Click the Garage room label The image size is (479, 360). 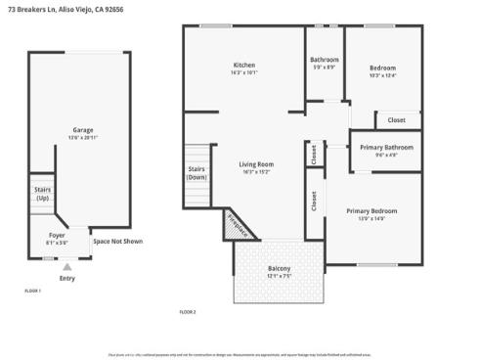point(83,130)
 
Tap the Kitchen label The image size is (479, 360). point(243,65)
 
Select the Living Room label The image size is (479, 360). point(258,164)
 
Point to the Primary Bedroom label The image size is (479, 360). point(371,210)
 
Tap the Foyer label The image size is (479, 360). point(58,235)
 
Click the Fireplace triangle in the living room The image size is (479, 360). point(238,225)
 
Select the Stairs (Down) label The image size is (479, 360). point(196,173)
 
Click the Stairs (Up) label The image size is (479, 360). point(42,194)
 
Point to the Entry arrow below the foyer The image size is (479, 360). point(66,265)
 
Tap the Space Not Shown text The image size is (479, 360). point(117,241)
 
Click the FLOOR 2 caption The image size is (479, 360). point(188,311)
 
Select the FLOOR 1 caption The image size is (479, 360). point(32,291)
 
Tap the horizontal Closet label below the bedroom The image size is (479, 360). point(396,119)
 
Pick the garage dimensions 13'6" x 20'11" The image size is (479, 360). point(83,138)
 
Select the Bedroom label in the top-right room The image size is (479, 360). point(382,67)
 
